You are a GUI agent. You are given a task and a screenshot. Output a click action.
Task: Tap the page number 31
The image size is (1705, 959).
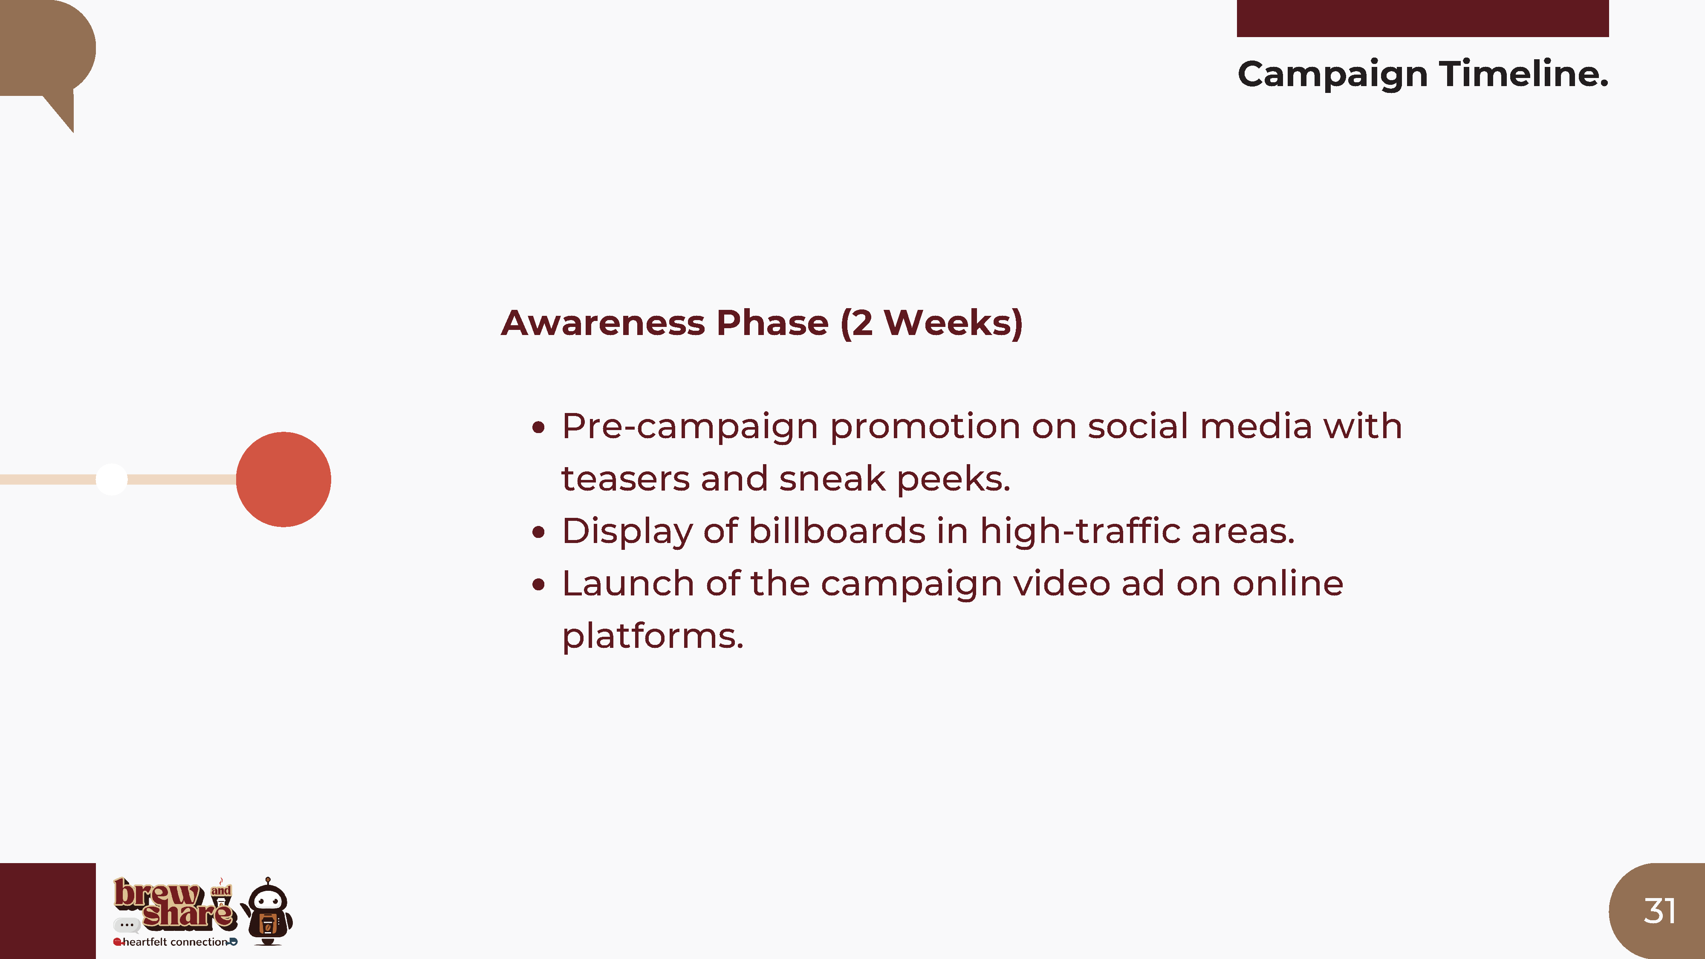pos(1659,911)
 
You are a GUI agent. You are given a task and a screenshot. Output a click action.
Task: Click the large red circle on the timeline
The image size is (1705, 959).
pos(283,479)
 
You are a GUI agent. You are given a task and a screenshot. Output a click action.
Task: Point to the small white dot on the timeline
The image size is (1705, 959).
pos(111,479)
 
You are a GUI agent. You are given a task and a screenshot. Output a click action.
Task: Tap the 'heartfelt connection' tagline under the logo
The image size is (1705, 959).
pos(175,942)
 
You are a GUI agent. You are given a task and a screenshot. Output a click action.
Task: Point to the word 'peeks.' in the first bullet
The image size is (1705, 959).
pos(954,479)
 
